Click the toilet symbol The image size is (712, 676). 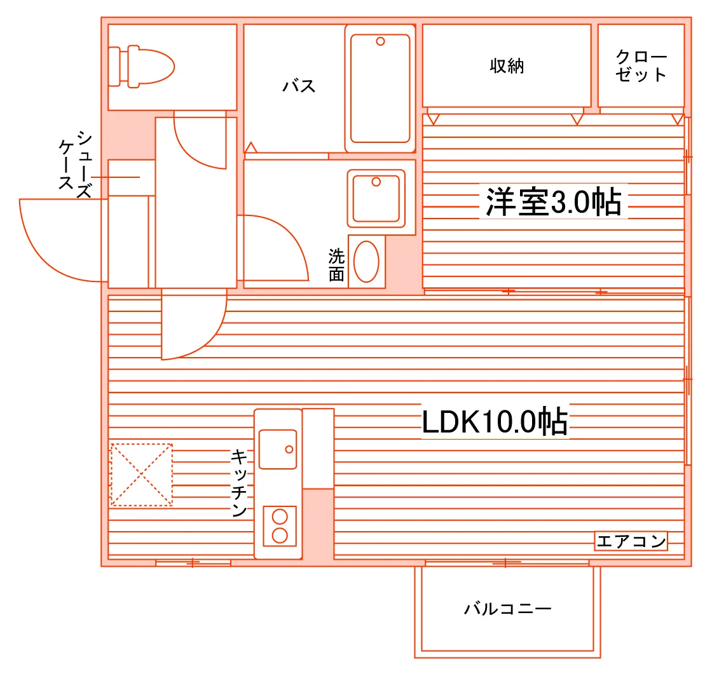(x=141, y=67)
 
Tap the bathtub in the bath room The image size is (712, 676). (x=380, y=88)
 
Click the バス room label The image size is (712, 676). (x=299, y=86)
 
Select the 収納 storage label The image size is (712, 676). (x=507, y=66)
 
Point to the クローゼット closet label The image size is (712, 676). (x=641, y=66)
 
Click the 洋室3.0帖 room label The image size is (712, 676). (x=554, y=201)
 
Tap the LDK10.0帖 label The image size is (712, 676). (x=495, y=421)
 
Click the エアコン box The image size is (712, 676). (x=631, y=541)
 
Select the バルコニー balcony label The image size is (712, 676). (x=508, y=609)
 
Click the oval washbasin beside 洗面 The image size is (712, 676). (x=366, y=262)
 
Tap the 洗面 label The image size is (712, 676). (x=336, y=265)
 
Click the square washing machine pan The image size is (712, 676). (x=376, y=199)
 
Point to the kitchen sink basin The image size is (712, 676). (x=277, y=449)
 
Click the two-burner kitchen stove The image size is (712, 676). (x=280, y=526)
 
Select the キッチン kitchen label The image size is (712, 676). (x=239, y=483)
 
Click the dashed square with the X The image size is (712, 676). (x=142, y=475)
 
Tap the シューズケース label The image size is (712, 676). (x=76, y=165)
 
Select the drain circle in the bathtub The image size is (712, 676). (x=381, y=41)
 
